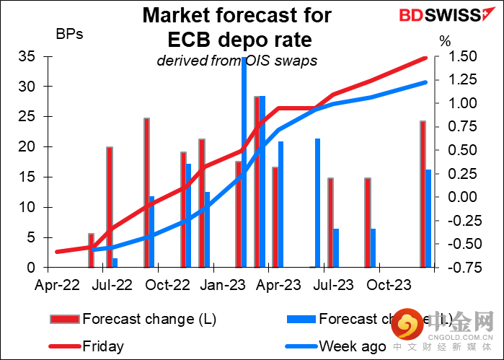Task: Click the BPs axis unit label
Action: click(69, 34)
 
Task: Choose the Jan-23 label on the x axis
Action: click(221, 286)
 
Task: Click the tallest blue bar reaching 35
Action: click(244, 162)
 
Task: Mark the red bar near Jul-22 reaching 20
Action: click(110, 207)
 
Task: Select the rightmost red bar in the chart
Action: click(423, 195)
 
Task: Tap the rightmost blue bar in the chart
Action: click(428, 219)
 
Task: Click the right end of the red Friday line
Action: click(425, 58)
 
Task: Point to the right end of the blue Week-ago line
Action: click(425, 82)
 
